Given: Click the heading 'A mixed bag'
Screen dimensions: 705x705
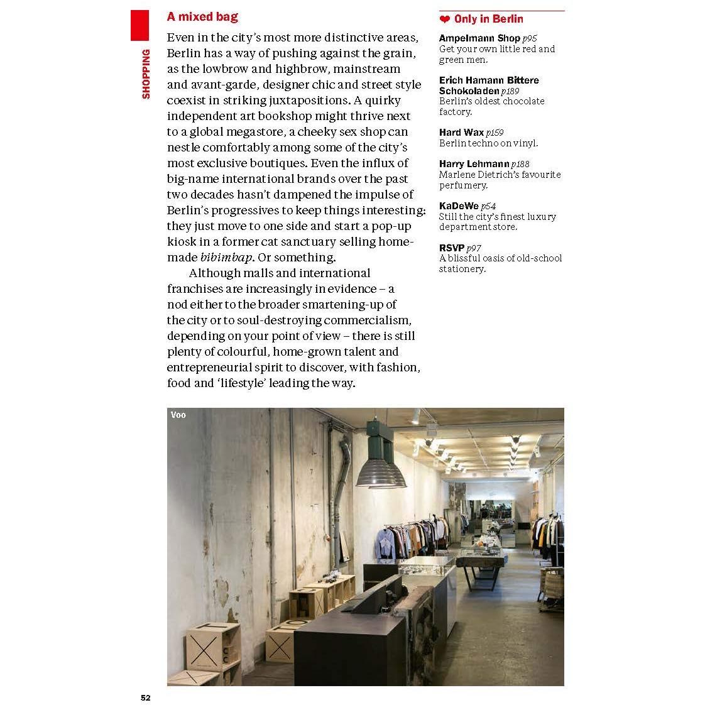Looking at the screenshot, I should click(x=202, y=17).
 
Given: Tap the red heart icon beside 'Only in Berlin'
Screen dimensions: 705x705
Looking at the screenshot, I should click(x=445, y=19).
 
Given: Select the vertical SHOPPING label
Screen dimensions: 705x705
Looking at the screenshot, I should click(x=146, y=74).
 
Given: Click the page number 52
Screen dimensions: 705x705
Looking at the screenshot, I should click(x=146, y=697).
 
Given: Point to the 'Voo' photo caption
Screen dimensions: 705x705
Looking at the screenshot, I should click(x=178, y=415).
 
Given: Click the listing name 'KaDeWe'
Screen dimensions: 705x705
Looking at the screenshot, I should click(x=459, y=206).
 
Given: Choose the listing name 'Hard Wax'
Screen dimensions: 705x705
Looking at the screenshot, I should click(x=461, y=133).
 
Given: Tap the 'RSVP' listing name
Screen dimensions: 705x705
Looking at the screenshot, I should click(x=451, y=248).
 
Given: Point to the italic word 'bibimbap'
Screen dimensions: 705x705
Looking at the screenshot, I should click(x=226, y=258).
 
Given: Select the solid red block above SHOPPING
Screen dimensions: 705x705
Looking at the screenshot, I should click(x=139, y=26).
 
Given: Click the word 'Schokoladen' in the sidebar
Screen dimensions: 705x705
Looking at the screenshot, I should click(x=469, y=91).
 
